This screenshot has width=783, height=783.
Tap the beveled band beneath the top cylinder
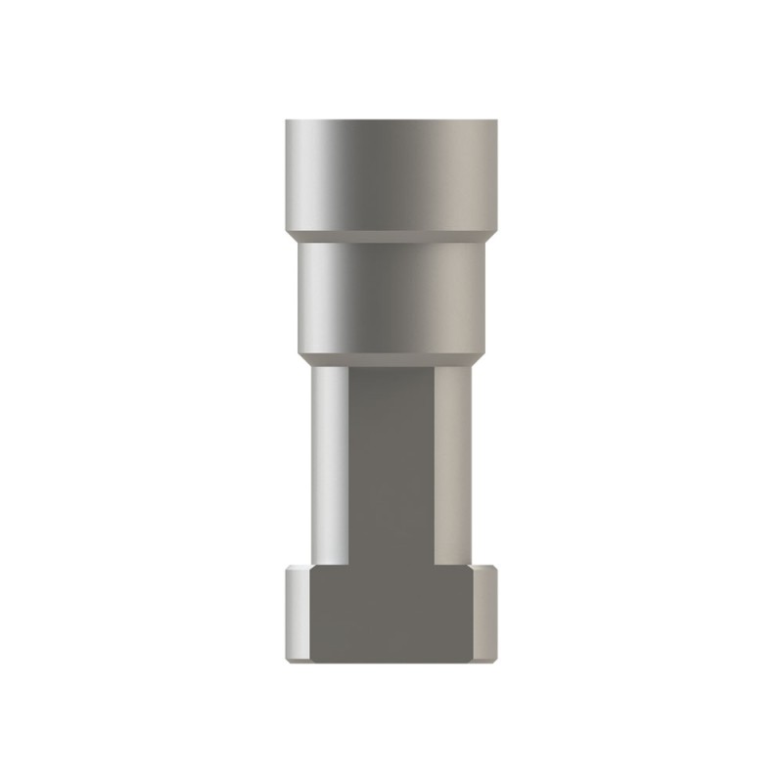[x=391, y=237]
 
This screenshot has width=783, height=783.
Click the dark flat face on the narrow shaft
[x=391, y=460]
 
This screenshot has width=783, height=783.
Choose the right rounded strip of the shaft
[x=452, y=460]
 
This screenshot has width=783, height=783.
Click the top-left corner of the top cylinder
[x=287, y=121]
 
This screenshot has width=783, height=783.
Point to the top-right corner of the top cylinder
[x=496, y=121]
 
